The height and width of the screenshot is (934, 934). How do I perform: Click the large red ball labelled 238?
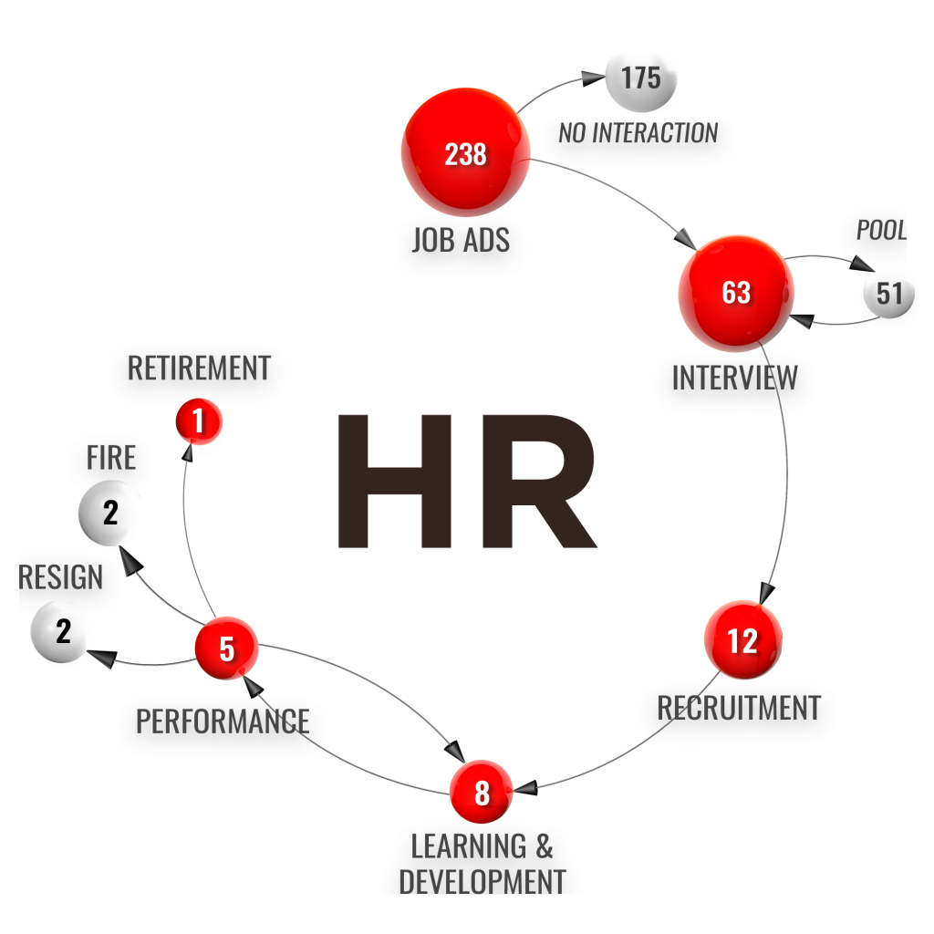(x=466, y=152)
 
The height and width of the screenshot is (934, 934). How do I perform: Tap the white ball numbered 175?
(x=641, y=78)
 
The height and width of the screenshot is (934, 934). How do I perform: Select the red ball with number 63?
(x=736, y=293)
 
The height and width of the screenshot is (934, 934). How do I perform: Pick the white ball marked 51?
(x=889, y=293)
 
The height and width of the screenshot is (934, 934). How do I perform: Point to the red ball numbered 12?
(x=743, y=640)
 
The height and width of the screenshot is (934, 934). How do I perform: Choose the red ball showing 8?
(x=482, y=792)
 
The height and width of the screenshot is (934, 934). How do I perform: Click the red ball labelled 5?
(x=226, y=648)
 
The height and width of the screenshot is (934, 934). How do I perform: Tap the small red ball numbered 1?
(x=199, y=421)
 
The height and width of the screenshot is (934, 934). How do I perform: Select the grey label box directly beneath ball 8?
(x=482, y=857)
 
